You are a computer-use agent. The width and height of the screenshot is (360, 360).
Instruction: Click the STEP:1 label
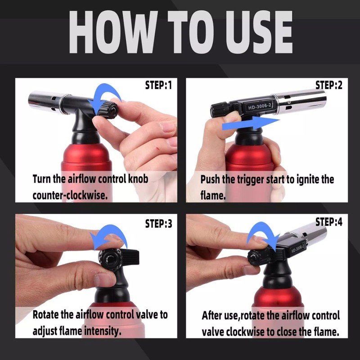click(158, 85)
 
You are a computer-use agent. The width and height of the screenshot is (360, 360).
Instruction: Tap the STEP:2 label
click(329, 85)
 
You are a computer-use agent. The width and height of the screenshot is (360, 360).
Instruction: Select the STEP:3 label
click(158, 223)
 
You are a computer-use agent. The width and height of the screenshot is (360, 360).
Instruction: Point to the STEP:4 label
click(329, 222)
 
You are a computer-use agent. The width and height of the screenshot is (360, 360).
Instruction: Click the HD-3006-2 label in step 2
click(260, 106)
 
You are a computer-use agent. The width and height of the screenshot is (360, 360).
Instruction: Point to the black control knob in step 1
click(108, 110)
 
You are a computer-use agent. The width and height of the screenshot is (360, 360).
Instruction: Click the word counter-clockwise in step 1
click(70, 195)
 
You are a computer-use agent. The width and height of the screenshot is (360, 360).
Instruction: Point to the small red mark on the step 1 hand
click(157, 149)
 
